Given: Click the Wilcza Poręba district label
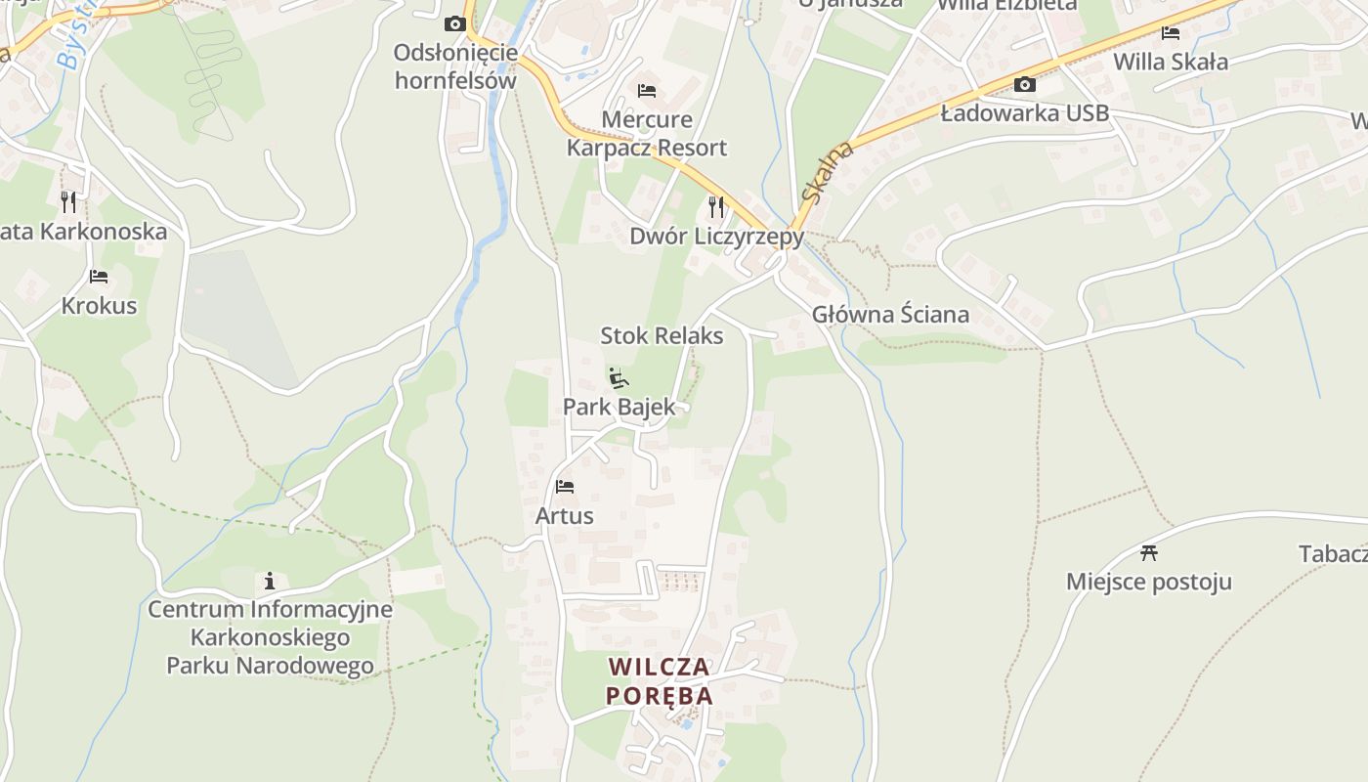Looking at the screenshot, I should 660,681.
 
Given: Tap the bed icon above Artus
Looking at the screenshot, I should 565,486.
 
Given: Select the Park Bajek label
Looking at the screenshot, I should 619,407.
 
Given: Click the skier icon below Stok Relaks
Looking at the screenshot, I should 618,377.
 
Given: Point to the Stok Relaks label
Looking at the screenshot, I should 662,336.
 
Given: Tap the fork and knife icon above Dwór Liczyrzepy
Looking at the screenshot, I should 716,206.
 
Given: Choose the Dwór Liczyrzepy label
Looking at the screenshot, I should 716,237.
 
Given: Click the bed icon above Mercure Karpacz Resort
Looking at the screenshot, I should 646,91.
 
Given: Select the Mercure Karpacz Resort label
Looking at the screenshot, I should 647,134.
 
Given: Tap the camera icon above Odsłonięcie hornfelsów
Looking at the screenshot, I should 454,23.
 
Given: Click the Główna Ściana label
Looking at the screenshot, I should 890,315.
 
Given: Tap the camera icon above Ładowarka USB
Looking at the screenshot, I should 1024,85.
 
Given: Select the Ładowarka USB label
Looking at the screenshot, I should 1024,113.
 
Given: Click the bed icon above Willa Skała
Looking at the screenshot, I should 1170,33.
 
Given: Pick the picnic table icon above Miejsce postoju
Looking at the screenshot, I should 1149,552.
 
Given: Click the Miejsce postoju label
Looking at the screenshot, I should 1148,583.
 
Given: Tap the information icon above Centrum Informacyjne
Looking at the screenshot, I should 270,581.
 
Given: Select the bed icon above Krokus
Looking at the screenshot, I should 99,277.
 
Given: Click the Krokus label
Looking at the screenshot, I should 99,306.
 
